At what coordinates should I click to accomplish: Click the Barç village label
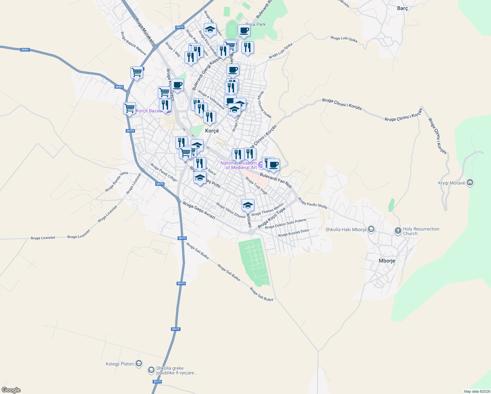[x=402, y=8]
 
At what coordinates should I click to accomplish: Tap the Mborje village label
[x=387, y=261]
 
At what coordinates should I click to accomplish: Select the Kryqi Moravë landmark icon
[x=470, y=183]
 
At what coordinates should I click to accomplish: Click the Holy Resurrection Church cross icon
[x=398, y=231]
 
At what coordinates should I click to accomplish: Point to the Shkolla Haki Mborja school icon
[x=371, y=229]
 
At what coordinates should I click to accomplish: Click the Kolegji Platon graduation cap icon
[x=139, y=363]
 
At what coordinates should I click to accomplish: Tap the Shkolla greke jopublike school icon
[x=151, y=370]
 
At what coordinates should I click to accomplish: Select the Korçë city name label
[x=212, y=131]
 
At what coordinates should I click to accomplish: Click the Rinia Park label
[x=255, y=24]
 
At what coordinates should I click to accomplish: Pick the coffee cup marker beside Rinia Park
[x=244, y=31]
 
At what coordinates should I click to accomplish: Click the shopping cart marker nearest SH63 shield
[x=137, y=72]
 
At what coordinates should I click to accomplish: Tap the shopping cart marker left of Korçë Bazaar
[x=130, y=108]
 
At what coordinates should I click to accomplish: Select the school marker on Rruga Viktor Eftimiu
[x=248, y=205]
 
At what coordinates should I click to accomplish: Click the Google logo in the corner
[x=11, y=390]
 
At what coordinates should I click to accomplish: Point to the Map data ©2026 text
[x=477, y=391]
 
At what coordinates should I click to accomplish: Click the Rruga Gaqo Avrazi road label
[x=199, y=210]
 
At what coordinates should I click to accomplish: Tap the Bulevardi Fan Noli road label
[x=276, y=180]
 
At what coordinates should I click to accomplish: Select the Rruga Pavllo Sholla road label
[x=312, y=203]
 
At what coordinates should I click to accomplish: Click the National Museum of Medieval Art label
[x=239, y=165]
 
